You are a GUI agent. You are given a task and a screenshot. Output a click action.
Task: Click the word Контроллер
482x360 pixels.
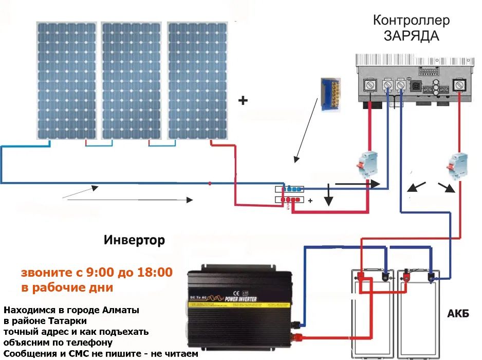[411, 21]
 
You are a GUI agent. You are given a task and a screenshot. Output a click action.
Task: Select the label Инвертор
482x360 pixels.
[135, 240]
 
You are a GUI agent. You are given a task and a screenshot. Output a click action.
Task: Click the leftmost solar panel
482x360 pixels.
[66, 81]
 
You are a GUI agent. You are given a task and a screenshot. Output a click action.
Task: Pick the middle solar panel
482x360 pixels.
[132, 81]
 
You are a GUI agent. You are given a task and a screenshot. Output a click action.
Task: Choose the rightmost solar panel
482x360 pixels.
[197, 81]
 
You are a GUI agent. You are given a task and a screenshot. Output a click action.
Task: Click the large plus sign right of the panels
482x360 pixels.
[243, 101]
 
